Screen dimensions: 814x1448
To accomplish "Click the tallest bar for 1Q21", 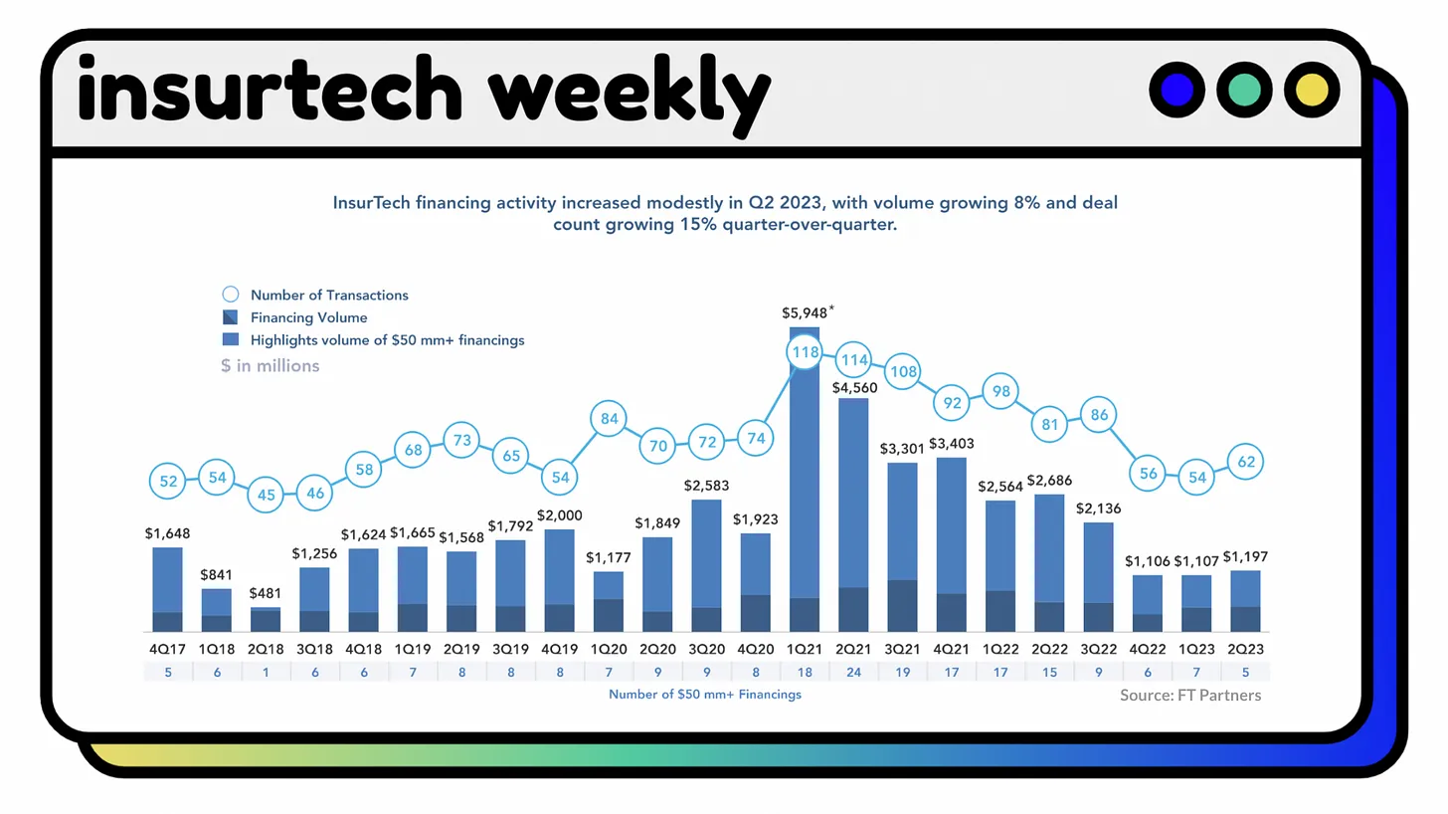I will (805, 478).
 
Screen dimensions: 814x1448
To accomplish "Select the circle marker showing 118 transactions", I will (804, 352).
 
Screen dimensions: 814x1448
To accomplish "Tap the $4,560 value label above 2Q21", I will (853, 386).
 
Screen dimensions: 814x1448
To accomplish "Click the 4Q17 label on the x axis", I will (168, 649).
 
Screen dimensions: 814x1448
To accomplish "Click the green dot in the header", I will (1244, 90).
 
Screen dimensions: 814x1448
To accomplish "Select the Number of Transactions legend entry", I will (328, 295).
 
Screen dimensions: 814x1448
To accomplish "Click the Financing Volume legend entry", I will (308, 317).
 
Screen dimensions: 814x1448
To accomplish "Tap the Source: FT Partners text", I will (1189, 696).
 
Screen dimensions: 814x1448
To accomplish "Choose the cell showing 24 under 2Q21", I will (853, 673).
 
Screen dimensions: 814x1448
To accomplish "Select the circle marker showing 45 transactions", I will (266, 495).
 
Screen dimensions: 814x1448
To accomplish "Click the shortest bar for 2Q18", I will (266, 620).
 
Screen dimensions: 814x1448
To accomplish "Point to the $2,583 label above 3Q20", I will (707, 486).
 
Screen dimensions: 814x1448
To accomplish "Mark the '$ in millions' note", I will (271, 365).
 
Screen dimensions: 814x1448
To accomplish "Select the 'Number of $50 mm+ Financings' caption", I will (705, 695).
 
